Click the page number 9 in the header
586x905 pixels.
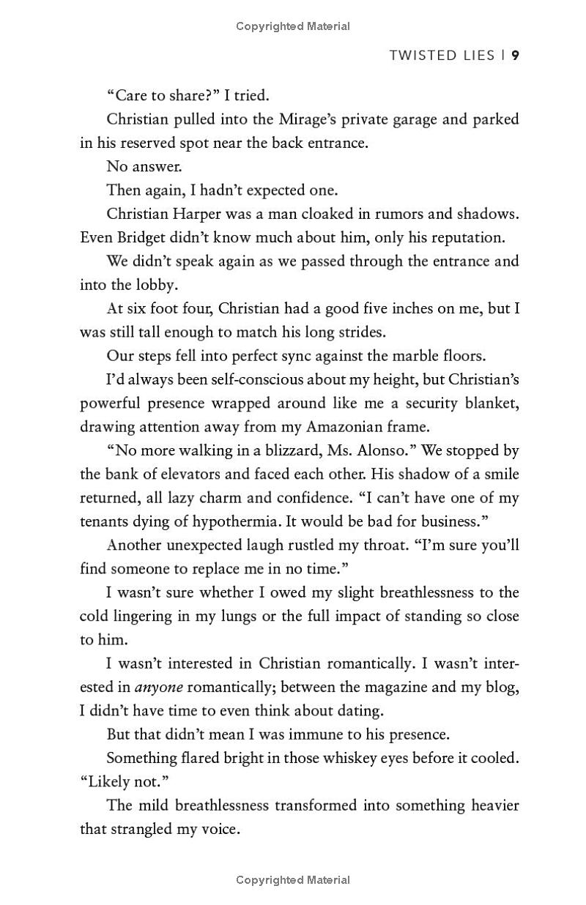[x=516, y=56]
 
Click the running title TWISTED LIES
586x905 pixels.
[x=442, y=56]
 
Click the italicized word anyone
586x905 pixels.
[x=159, y=687]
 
